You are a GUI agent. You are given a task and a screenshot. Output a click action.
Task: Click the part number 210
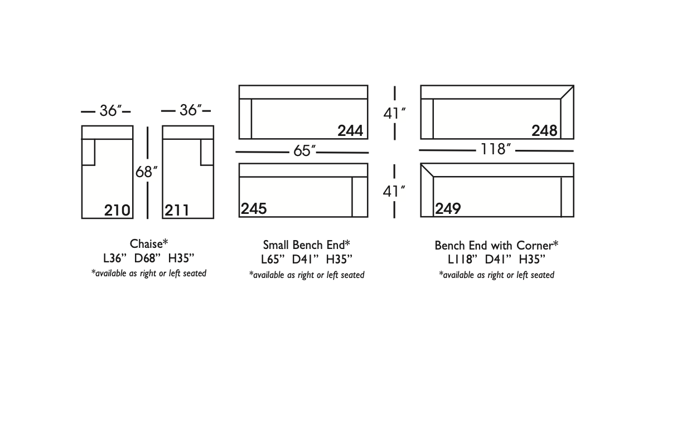tap(117, 210)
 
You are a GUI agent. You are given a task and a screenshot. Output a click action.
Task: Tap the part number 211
tap(177, 210)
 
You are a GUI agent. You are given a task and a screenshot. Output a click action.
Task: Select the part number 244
tap(350, 131)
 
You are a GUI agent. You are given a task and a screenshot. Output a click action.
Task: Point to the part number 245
tap(254, 209)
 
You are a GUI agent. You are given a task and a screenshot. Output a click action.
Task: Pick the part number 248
tap(544, 131)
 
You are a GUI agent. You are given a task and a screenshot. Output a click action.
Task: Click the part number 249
tap(448, 209)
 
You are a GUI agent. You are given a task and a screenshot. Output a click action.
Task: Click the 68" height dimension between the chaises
tap(147, 172)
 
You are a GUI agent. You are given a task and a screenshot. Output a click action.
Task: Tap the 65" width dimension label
tap(304, 150)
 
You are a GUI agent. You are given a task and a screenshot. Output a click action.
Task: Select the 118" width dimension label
tap(495, 149)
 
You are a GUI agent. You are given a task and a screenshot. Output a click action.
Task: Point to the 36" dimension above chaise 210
tap(110, 111)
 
